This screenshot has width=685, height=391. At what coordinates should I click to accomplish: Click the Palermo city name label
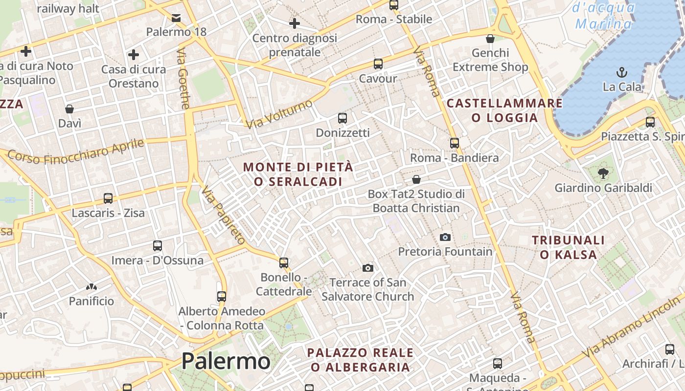tap(226, 362)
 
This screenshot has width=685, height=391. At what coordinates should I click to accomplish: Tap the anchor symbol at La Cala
tap(622, 72)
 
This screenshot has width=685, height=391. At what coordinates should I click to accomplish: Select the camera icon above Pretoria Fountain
tap(445, 237)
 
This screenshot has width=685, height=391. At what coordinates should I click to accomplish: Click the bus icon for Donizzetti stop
tap(342, 118)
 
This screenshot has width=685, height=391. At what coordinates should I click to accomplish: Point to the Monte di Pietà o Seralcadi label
tap(297, 174)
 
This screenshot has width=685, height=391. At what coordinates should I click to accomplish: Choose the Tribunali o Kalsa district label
tap(568, 247)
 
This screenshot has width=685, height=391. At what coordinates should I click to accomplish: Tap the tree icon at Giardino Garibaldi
tap(603, 173)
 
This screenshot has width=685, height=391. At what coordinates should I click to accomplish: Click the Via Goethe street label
tap(183, 78)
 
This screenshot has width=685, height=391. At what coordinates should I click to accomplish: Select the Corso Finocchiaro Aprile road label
tap(76, 152)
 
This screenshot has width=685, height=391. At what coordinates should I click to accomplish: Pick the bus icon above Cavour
tap(378, 64)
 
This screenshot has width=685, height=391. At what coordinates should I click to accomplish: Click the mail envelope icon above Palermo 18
tap(176, 18)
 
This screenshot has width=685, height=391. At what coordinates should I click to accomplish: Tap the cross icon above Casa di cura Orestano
tap(133, 54)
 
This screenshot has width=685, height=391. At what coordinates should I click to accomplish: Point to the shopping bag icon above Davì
tap(69, 109)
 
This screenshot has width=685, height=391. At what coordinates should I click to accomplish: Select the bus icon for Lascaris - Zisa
tap(108, 198)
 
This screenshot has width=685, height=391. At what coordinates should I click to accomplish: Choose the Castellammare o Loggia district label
tap(504, 110)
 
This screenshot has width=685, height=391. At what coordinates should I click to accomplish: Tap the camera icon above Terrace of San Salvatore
tap(368, 268)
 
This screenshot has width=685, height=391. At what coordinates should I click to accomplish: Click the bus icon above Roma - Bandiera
tap(455, 143)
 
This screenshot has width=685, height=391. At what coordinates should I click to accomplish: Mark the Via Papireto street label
tap(223, 215)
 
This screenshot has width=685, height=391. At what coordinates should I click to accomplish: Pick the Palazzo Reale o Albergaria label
tap(360, 360)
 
